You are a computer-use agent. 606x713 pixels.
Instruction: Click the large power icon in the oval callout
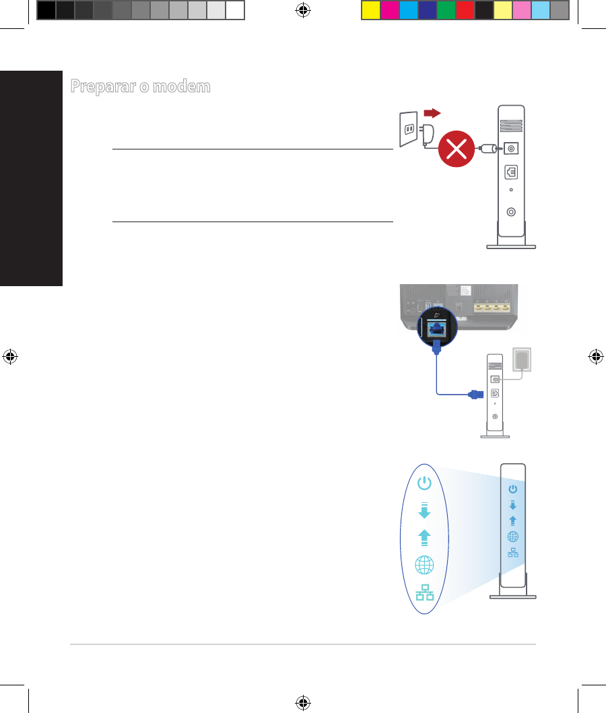coord(424,483)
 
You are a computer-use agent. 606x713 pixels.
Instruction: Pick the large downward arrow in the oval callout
coord(424,510)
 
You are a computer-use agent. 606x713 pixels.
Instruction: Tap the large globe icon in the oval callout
coord(424,565)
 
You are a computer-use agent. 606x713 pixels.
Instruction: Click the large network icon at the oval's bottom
coord(424,593)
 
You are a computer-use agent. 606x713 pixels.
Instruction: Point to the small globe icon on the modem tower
coord(513,537)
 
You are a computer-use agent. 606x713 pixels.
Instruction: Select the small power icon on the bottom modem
coord(513,489)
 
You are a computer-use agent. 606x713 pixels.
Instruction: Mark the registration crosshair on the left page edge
coord(9,357)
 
